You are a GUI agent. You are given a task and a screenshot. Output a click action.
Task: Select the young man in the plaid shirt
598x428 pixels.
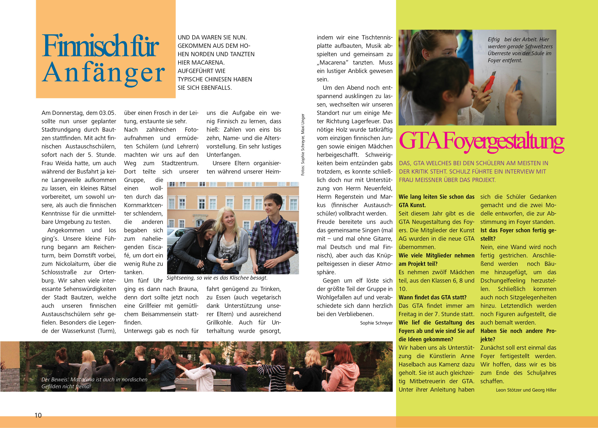tap(274, 232)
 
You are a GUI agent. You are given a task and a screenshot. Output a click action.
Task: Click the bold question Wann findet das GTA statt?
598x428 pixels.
tap(432, 298)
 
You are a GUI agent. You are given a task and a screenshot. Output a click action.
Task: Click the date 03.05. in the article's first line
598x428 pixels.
tap(107, 113)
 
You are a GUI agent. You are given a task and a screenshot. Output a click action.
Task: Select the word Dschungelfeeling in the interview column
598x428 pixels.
tap(503, 281)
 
